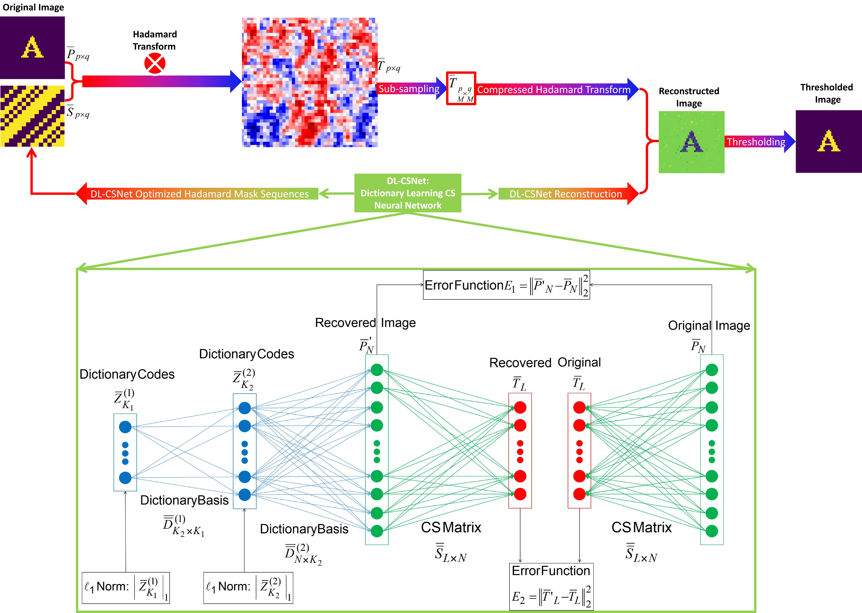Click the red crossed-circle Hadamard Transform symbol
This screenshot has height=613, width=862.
pos(155,63)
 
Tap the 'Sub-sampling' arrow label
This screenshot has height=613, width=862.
pos(409,89)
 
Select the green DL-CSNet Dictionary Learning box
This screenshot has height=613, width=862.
pos(408,193)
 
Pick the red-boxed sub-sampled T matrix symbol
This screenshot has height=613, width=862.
pos(461,88)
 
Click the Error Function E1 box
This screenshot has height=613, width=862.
pos(506,285)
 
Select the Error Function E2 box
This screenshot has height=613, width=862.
pos(551,586)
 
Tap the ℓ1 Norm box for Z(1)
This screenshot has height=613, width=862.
pos(126,588)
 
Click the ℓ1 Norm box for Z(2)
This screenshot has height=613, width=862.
pos(248,588)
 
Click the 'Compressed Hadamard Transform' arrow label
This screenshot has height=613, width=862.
pos(554,89)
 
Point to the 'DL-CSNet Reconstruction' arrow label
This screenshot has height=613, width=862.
pos(565,194)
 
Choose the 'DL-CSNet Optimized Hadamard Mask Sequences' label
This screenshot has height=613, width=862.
pos(200,194)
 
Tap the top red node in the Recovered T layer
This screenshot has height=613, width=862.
pos(520,407)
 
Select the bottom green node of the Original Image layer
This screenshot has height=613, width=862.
pos(712,531)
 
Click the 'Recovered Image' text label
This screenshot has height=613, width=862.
pos(365,323)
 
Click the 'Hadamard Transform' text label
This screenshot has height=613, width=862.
pos(155,40)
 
